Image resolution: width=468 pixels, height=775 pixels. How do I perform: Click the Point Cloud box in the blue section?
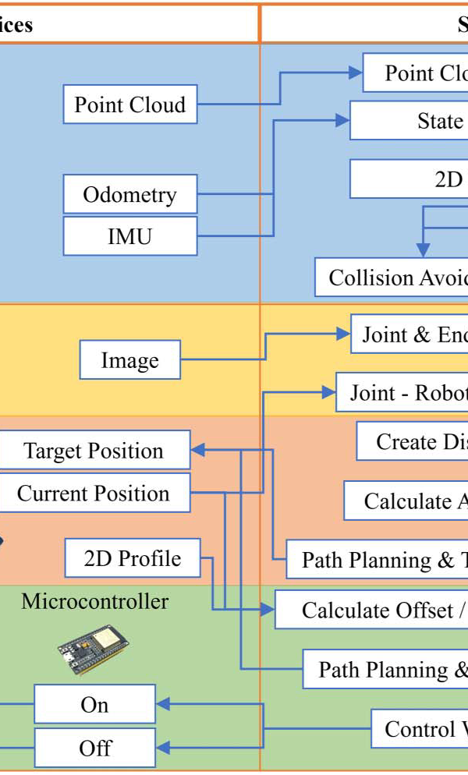[129, 104]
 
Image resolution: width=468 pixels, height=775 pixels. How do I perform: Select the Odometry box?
[129, 194]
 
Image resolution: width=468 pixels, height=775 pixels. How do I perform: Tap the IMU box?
[129, 236]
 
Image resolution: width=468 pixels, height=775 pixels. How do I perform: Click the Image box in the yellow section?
[129, 360]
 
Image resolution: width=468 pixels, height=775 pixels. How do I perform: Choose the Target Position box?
[94, 451]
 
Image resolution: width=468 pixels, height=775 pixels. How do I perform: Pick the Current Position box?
[94, 493]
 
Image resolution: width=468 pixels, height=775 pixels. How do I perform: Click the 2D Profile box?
[133, 558]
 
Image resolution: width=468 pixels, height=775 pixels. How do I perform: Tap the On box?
[94, 705]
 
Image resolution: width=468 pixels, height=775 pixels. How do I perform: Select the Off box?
[94, 748]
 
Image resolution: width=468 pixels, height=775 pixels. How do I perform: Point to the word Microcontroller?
[94, 601]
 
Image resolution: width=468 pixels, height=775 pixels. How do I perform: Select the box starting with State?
[409, 121]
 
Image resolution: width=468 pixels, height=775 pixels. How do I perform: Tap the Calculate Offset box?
[371, 610]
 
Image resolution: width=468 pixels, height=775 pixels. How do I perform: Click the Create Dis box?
[412, 442]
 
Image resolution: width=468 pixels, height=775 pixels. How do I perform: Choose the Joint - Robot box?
[402, 392]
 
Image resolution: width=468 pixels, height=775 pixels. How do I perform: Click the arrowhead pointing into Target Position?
[198, 450]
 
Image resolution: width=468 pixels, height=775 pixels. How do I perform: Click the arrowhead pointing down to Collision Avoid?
[423, 251]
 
